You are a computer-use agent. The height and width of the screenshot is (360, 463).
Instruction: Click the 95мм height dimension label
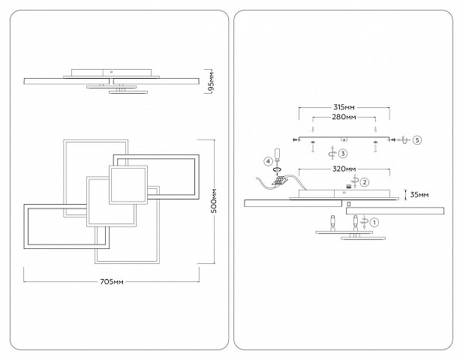(212, 81)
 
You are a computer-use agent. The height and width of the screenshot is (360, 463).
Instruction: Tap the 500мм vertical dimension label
(215, 201)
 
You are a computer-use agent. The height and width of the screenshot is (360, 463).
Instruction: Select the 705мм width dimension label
(112, 282)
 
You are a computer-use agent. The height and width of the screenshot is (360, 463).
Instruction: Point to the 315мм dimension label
(344, 107)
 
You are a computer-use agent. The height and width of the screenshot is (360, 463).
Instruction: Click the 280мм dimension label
(344, 117)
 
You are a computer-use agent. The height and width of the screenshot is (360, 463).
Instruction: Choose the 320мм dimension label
(344, 169)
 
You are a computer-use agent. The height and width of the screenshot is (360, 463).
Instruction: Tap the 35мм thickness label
(419, 195)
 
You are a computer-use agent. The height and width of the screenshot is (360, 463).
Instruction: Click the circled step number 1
(374, 222)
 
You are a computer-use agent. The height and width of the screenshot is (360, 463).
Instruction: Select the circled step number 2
(365, 182)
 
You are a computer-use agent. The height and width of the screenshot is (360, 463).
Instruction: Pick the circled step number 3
(343, 154)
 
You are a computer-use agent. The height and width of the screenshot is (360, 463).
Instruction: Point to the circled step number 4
(268, 161)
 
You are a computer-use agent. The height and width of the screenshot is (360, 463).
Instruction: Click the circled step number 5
(417, 139)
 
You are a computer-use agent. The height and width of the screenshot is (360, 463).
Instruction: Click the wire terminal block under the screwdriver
(278, 181)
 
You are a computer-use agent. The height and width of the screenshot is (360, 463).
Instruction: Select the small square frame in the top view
(128, 184)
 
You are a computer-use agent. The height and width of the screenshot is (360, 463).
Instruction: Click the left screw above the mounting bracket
(312, 129)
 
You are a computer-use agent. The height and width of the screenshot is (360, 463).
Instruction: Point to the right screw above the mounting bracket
(375, 129)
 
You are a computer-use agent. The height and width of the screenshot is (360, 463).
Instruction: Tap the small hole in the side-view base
(111, 71)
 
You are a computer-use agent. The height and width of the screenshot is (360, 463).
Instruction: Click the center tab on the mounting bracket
(344, 139)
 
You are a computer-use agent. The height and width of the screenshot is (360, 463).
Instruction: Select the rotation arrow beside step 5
(404, 139)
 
